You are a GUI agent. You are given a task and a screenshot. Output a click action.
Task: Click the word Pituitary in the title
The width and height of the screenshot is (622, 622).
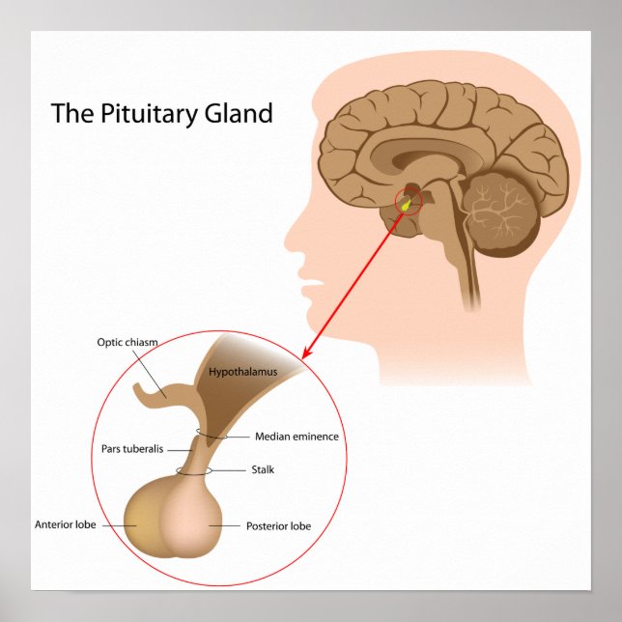pos(142,113)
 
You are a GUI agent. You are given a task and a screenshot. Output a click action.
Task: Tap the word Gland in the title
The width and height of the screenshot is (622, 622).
pos(238,113)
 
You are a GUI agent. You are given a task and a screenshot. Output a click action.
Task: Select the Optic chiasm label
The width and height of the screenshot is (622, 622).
pos(127,342)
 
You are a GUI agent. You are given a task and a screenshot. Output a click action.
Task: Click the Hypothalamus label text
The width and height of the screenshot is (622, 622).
pos(243,371)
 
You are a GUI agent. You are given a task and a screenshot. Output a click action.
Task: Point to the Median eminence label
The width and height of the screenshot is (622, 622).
pos(297,437)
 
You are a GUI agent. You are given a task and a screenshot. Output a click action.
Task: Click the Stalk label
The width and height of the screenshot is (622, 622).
pos(263,470)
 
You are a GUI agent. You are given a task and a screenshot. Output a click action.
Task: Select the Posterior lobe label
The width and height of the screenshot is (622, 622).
pos(278,526)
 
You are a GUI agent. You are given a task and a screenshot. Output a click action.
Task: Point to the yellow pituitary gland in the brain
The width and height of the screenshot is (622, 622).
pos(406,204)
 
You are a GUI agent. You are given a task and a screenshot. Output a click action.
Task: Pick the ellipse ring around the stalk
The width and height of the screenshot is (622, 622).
pos(192,471)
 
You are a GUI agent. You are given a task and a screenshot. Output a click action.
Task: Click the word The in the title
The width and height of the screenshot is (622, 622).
pos(70,113)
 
